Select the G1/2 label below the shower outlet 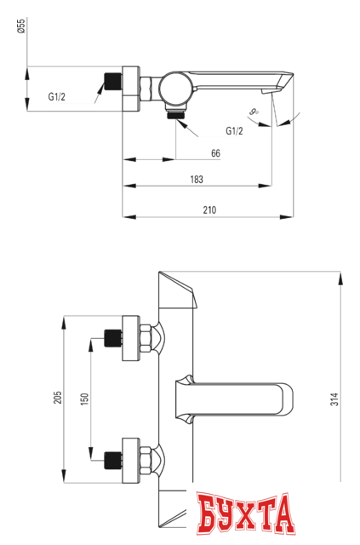(x=234, y=130)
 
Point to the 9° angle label (x=254, y=111)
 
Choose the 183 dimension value (x=197, y=180)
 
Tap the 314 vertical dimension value (x=334, y=398)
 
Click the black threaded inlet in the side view (x=111, y=84)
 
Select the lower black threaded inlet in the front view (x=111, y=461)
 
